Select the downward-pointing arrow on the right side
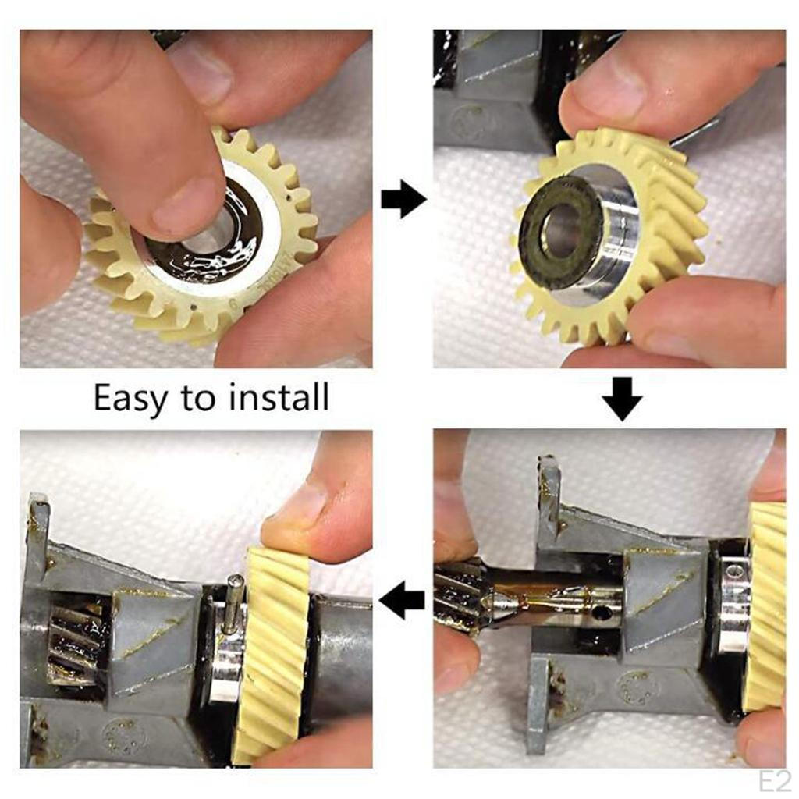click(x=622, y=398)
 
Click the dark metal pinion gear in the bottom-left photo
click(x=74, y=640)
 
